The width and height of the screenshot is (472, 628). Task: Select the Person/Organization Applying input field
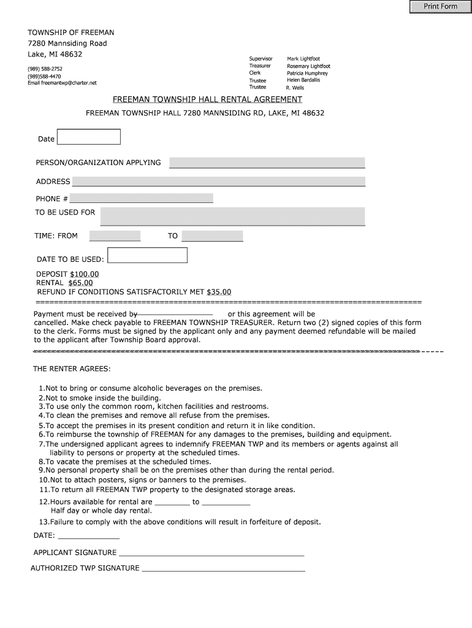coord(267,163)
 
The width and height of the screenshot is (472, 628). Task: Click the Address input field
coord(218,181)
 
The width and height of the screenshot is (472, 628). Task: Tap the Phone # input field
coord(141,198)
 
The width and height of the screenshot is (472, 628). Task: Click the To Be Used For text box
coord(232,216)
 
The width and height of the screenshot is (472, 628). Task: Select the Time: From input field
coord(115,236)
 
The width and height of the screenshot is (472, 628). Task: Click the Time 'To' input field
coord(212,236)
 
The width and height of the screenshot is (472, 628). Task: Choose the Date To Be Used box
coord(147,256)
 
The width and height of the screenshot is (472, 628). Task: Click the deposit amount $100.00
coord(84,274)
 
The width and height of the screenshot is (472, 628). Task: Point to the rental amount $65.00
coord(80,283)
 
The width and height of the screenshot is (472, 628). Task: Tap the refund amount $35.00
coord(219,292)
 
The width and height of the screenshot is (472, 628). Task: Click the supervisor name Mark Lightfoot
coord(303,59)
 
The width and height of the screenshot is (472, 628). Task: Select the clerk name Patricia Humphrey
coord(307,73)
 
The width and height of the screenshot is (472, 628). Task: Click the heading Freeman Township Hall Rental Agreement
coord(207,99)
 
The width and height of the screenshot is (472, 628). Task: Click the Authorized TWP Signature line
coord(223,568)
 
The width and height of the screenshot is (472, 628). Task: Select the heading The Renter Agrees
coord(72,369)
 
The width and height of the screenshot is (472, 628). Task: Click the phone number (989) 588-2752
coord(45,69)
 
